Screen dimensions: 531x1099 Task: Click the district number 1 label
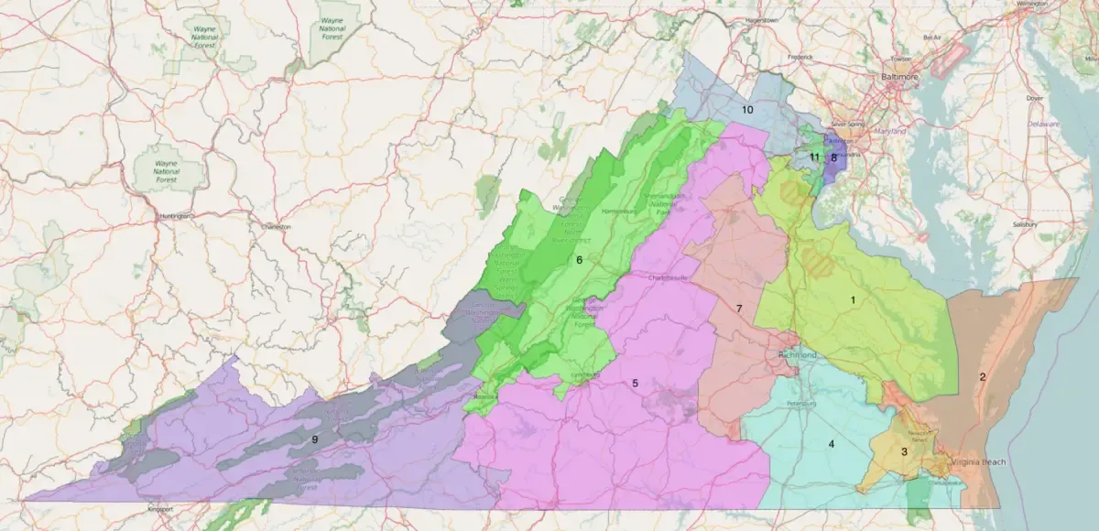(853, 299)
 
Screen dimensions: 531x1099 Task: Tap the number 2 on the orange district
(983, 376)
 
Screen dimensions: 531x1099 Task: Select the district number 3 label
(904, 450)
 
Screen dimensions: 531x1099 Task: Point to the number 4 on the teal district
(832, 444)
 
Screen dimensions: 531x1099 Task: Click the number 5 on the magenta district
(635, 383)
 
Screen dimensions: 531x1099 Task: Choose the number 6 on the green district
(579, 260)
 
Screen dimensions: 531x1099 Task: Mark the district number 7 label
(738, 309)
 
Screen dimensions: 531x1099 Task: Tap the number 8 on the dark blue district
(833, 157)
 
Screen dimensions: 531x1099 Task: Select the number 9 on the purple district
(314, 439)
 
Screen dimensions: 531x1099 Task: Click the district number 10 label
(747, 110)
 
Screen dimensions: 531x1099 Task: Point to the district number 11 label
(813, 157)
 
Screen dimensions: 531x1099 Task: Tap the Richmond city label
(795, 354)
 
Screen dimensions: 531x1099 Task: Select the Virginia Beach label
(978, 462)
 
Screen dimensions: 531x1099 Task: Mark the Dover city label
(1034, 97)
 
